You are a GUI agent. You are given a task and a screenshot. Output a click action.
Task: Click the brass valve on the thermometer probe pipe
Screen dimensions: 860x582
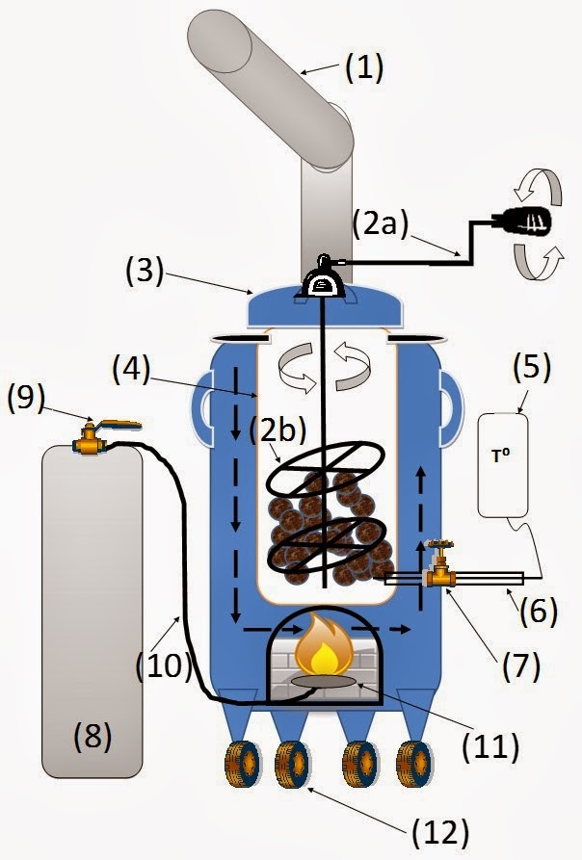tap(442, 575)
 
